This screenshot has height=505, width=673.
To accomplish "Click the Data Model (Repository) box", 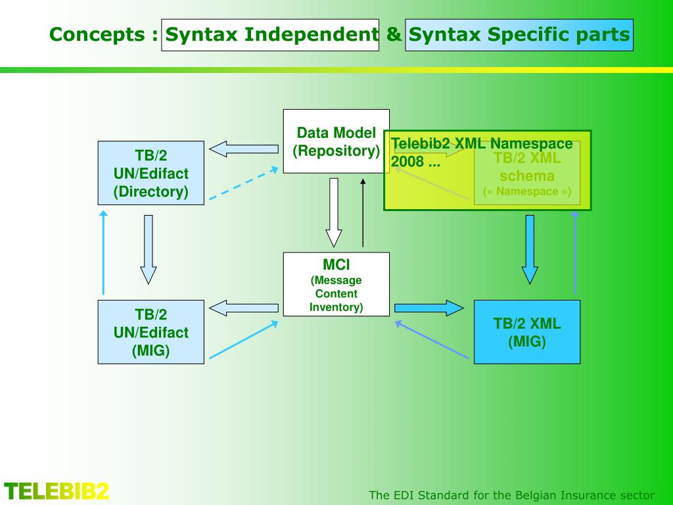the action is [x=336, y=141].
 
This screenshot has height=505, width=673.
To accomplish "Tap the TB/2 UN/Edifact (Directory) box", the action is [x=151, y=173].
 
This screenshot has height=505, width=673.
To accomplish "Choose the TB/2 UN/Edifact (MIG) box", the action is [x=151, y=332].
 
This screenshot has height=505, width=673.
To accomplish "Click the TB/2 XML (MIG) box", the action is [x=527, y=332].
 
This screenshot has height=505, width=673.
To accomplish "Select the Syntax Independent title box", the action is [x=270, y=35].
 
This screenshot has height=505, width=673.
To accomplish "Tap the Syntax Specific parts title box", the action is [x=519, y=35].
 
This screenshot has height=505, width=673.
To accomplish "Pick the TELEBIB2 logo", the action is [x=57, y=491].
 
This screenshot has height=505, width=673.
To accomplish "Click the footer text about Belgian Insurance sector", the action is [x=512, y=495].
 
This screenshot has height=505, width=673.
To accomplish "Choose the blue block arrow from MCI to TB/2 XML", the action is [x=429, y=308].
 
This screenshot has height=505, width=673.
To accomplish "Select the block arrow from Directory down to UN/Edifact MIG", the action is [x=149, y=249].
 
